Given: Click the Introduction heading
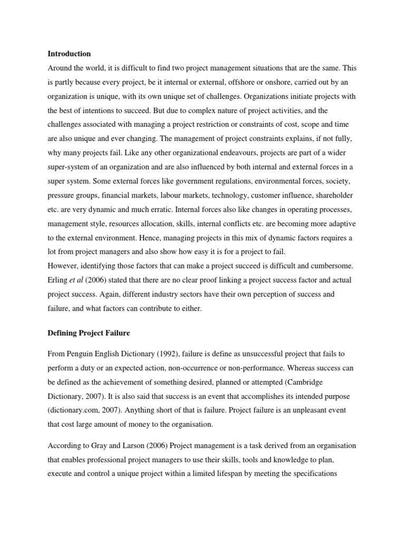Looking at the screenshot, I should (x=69, y=54).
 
